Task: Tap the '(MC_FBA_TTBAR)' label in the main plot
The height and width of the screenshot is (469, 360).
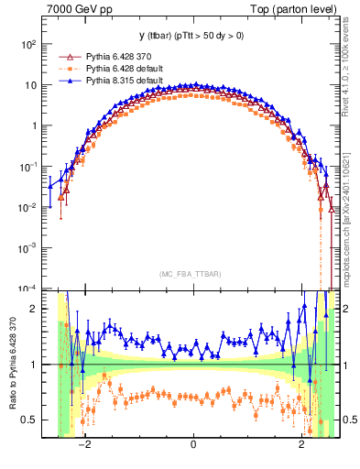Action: click(x=193, y=274)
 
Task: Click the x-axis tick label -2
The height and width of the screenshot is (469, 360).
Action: click(x=83, y=445)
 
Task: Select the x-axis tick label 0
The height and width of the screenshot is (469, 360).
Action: click(x=193, y=445)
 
